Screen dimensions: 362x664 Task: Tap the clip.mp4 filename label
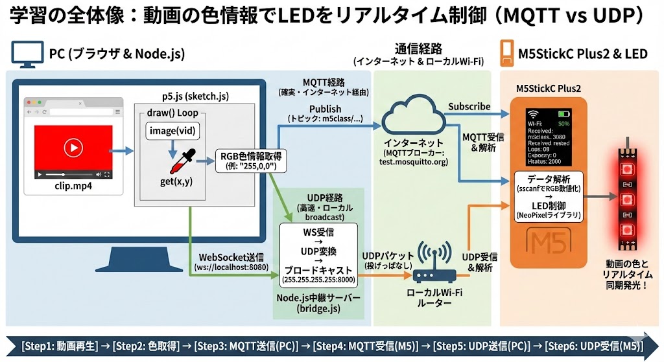(72, 186)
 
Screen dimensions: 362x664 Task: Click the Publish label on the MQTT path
(325, 109)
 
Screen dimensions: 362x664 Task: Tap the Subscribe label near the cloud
(469, 106)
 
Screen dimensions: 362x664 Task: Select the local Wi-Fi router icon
(434, 265)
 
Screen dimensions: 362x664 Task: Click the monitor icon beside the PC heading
(25, 53)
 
